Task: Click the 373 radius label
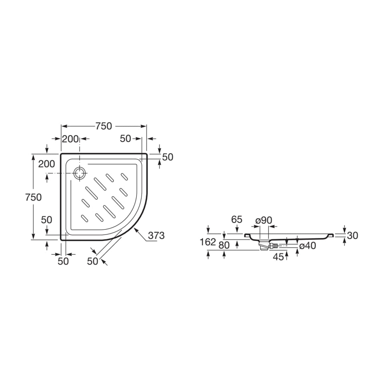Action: click(x=156, y=236)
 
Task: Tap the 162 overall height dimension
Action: click(x=208, y=242)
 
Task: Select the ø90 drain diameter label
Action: click(x=264, y=220)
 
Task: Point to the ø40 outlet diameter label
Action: click(x=308, y=246)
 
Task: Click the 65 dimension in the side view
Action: click(x=237, y=219)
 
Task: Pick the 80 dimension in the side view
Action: click(x=224, y=245)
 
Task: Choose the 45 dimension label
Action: click(x=278, y=257)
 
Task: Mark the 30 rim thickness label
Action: click(x=353, y=236)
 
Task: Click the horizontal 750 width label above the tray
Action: click(x=104, y=126)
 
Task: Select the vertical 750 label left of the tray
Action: click(x=33, y=197)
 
